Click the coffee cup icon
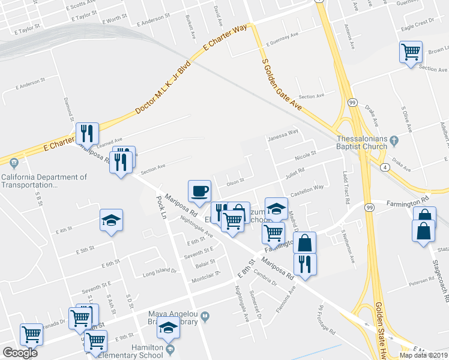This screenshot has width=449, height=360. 200,191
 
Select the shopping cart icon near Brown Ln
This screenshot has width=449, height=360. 411,52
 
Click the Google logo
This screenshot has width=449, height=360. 20,353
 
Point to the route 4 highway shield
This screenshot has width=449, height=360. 383,167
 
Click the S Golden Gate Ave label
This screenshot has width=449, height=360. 280,84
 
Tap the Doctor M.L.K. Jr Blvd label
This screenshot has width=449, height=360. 163,88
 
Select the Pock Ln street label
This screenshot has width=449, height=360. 160,206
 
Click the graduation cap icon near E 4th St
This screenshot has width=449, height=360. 111,220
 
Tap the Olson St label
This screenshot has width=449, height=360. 235,178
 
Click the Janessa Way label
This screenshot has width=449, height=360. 283,133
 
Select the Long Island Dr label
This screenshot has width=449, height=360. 159,271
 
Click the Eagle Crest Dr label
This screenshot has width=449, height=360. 417,24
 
